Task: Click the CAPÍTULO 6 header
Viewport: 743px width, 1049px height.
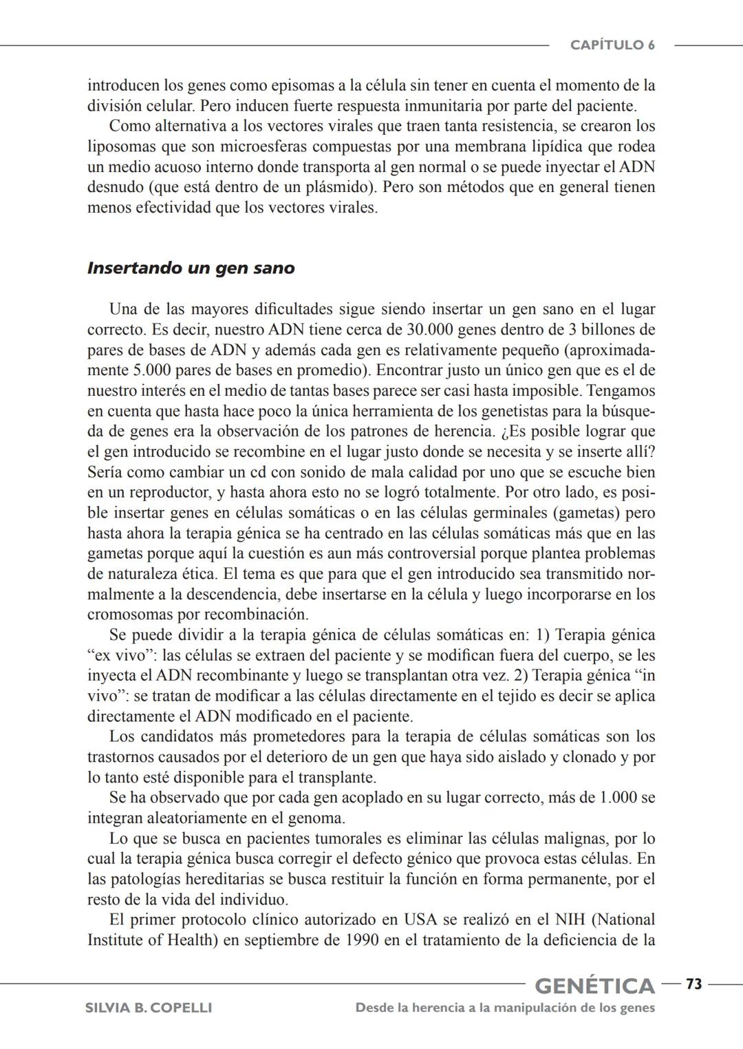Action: (x=612, y=45)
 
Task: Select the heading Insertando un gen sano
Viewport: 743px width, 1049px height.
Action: (x=191, y=268)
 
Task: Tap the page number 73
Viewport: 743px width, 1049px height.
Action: (x=693, y=984)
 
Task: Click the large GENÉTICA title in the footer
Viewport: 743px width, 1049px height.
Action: (x=594, y=986)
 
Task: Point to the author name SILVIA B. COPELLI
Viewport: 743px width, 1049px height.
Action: (x=148, y=1008)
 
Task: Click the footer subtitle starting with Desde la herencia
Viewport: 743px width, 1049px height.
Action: (x=505, y=1008)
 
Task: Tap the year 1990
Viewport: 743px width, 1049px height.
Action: (x=360, y=940)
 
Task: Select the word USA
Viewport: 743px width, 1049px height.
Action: (x=420, y=920)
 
